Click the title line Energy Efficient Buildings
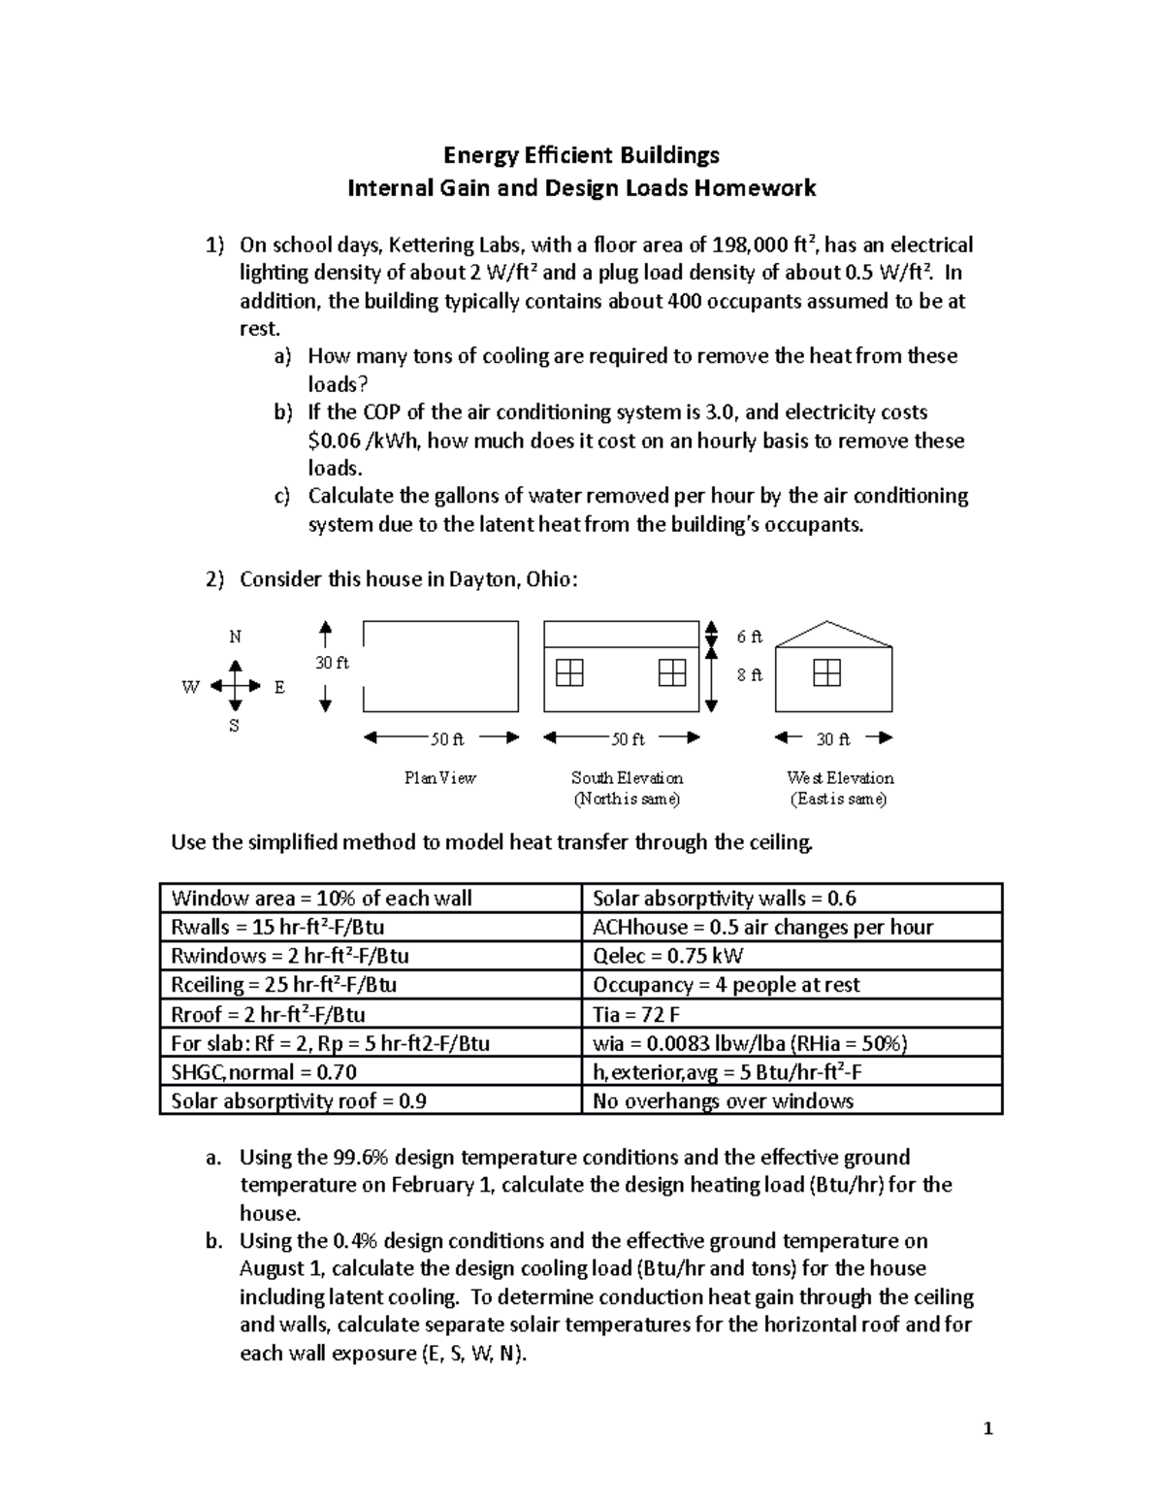(x=581, y=155)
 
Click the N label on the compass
(x=235, y=637)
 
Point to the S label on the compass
(x=234, y=725)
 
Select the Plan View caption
(x=440, y=777)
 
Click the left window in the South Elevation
(x=569, y=672)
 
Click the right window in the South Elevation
(x=671, y=672)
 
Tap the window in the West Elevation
(x=826, y=672)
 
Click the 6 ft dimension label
(x=749, y=637)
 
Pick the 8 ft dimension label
(x=749, y=674)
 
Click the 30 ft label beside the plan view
(x=331, y=663)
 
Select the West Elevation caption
(x=840, y=777)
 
